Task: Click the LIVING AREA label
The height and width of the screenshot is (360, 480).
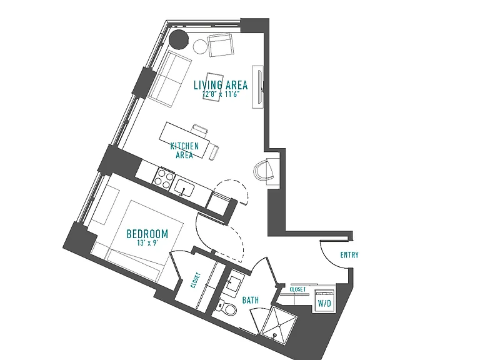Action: click(221, 85)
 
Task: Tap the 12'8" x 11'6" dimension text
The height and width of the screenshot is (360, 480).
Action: click(221, 94)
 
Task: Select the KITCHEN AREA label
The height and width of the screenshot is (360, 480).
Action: click(184, 150)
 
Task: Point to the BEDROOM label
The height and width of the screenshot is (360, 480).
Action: click(147, 234)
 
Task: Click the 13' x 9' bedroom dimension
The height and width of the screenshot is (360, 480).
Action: click(148, 243)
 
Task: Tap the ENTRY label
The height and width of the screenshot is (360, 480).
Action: click(349, 255)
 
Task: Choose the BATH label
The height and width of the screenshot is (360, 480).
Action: click(251, 300)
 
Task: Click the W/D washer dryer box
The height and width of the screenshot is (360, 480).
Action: click(324, 301)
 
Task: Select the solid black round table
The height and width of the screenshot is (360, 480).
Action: click(179, 39)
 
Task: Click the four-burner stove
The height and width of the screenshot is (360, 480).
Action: click(163, 179)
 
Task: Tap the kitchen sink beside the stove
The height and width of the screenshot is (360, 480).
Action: click(184, 187)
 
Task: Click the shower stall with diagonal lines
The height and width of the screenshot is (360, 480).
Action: click(278, 322)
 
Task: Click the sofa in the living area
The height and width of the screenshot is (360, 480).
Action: click(169, 79)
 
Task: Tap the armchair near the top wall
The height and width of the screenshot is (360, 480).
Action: click(221, 45)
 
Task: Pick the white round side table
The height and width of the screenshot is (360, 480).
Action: click(201, 47)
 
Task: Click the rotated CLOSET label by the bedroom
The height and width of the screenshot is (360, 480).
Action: click(196, 280)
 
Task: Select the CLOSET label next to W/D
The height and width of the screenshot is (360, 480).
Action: click(297, 289)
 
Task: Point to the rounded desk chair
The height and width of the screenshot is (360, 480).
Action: click(264, 170)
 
